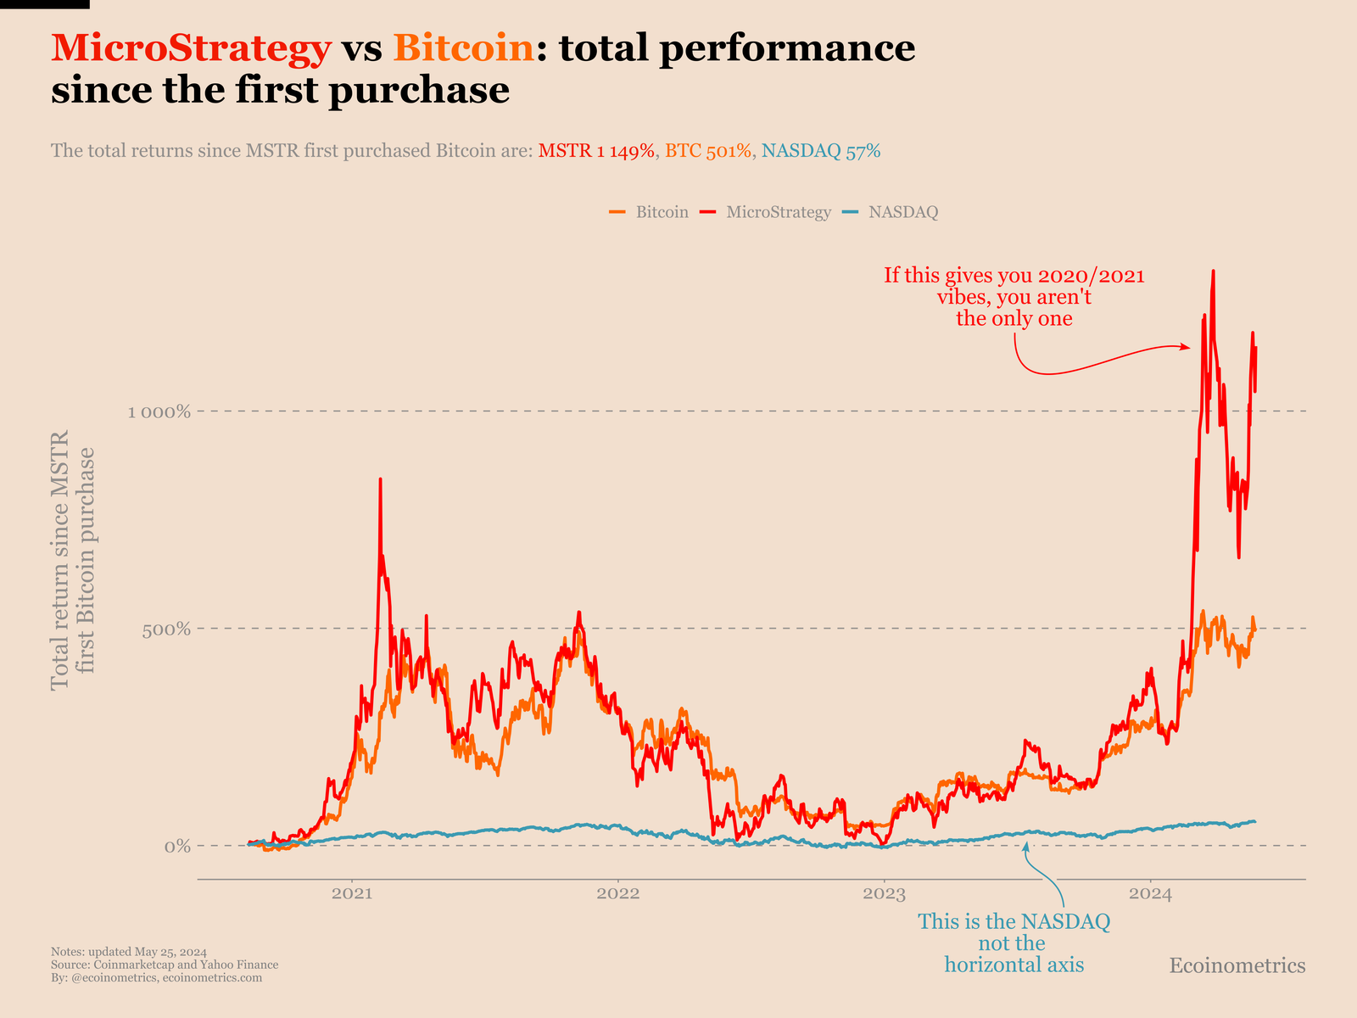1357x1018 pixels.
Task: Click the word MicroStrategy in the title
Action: pyautogui.click(x=191, y=48)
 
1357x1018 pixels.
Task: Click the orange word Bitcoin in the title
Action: pyautogui.click(x=464, y=48)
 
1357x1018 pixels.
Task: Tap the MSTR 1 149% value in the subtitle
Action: pyautogui.click(x=596, y=151)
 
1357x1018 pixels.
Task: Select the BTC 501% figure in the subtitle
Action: pyautogui.click(x=708, y=151)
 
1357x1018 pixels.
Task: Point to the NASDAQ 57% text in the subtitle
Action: pyautogui.click(x=821, y=151)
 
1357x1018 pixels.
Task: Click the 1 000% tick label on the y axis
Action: pyautogui.click(x=159, y=412)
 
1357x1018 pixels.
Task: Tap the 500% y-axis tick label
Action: pyautogui.click(x=172, y=629)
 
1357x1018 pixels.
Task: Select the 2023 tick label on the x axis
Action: pyautogui.click(x=885, y=893)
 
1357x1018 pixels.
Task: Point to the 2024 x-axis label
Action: pyautogui.click(x=1151, y=893)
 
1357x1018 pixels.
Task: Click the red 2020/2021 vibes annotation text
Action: pyautogui.click(x=1014, y=297)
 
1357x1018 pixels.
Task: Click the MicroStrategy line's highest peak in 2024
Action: pyautogui.click(x=1214, y=272)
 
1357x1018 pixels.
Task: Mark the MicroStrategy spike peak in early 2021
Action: pyautogui.click(x=380, y=480)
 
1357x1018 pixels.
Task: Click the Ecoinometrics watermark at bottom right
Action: pyautogui.click(x=1237, y=965)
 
